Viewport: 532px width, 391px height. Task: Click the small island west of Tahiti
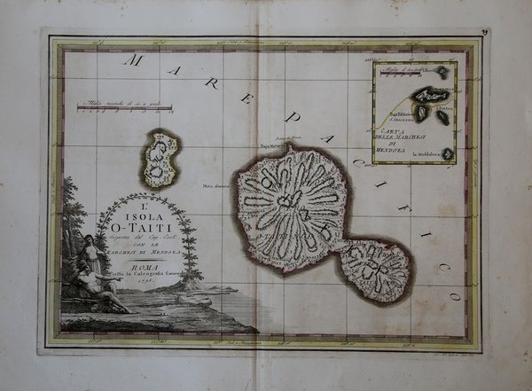point(160,160)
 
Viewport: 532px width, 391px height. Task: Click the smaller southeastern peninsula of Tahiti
point(376,270)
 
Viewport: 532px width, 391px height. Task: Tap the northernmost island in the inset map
point(441,73)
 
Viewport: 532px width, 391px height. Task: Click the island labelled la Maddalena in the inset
point(448,154)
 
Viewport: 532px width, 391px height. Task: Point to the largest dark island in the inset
point(432,95)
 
